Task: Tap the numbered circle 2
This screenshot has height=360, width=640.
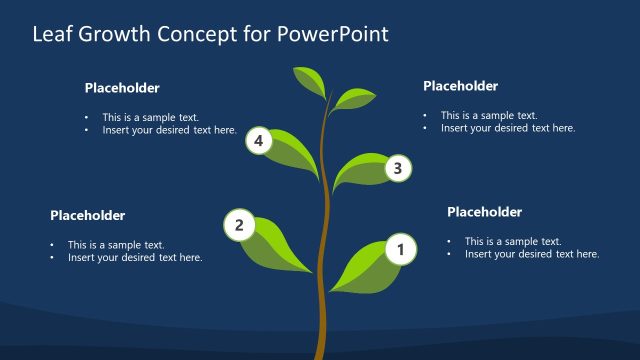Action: (239, 225)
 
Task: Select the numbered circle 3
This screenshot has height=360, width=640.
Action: (398, 169)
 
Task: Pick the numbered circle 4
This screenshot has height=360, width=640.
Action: (259, 141)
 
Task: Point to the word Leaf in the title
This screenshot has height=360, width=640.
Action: (53, 34)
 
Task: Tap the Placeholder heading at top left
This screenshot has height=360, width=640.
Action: (121, 88)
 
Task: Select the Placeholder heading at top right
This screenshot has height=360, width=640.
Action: (460, 86)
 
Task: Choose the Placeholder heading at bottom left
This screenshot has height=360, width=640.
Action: (87, 215)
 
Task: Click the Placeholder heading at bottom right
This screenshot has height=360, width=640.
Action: (484, 212)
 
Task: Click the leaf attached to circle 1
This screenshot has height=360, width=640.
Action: (360, 269)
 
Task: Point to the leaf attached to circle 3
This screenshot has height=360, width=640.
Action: (360, 172)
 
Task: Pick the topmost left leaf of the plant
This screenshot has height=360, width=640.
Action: (308, 81)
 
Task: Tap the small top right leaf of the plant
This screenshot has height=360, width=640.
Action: (353, 98)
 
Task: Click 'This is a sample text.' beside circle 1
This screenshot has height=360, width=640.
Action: (513, 241)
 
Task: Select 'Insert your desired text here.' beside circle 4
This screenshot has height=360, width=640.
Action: (169, 130)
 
